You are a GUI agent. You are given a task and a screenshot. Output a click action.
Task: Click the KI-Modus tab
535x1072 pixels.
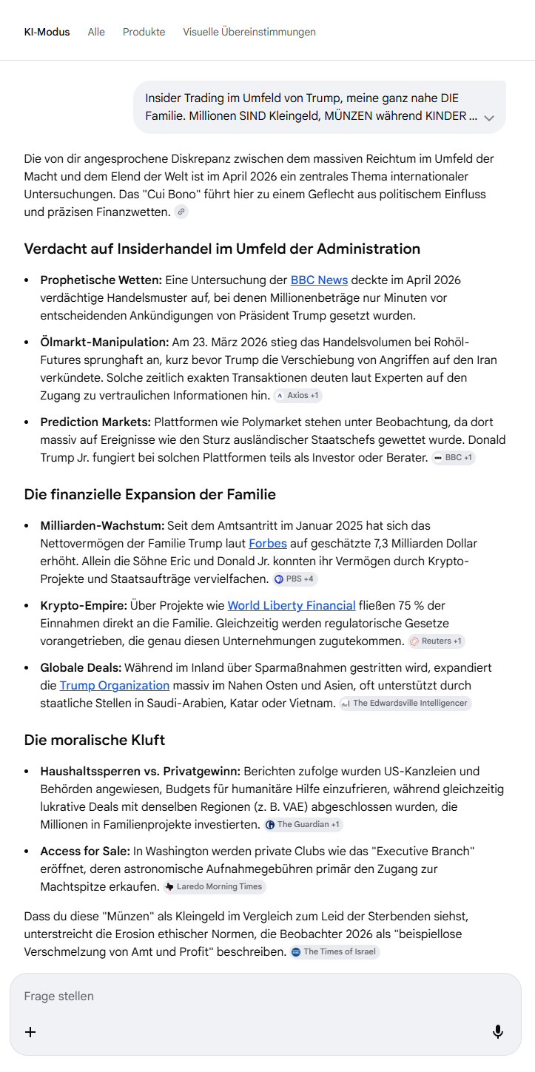click(x=47, y=32)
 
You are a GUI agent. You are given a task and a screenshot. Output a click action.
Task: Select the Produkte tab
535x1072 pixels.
click(x=144, y=32)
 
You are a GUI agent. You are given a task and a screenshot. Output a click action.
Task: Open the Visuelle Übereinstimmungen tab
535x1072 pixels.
click(x=249, y=32)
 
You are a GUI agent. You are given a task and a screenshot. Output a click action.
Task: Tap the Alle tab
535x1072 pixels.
click(x=96, y=32)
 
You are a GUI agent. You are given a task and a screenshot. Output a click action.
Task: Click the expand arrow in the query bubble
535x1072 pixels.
click(x=488, y=118)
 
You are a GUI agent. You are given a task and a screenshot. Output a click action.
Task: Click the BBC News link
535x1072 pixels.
click(x=319, y=280)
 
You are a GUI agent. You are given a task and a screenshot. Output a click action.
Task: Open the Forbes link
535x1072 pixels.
click(x=268, y=543)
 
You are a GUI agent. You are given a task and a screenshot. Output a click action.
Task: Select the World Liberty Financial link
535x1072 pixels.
click(x=292, y=605)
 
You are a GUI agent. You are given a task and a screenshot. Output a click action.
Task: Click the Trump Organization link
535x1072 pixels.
click(x=115, y=685)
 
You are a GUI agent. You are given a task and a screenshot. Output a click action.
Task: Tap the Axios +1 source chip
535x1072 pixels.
click(x=297, y=396)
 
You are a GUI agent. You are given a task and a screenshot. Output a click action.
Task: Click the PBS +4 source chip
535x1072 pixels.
click(x=295, y=579)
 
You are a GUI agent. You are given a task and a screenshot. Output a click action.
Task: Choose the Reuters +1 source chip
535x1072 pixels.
click(x=437, y=641)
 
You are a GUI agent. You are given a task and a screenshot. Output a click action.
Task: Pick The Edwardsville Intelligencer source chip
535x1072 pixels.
click(x=405, y=704)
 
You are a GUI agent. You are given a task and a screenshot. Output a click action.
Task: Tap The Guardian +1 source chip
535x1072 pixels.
click(x=303, y=824)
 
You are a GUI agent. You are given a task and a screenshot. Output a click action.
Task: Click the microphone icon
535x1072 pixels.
click(x=498, y=1031)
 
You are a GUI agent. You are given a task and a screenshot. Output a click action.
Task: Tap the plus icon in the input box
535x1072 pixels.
click(x=30, y=1031)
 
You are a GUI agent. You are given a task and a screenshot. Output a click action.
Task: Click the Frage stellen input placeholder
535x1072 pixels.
click(x=59, y=996)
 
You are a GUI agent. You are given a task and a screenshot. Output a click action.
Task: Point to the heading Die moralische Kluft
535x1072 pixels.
click(x=95, y=740)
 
